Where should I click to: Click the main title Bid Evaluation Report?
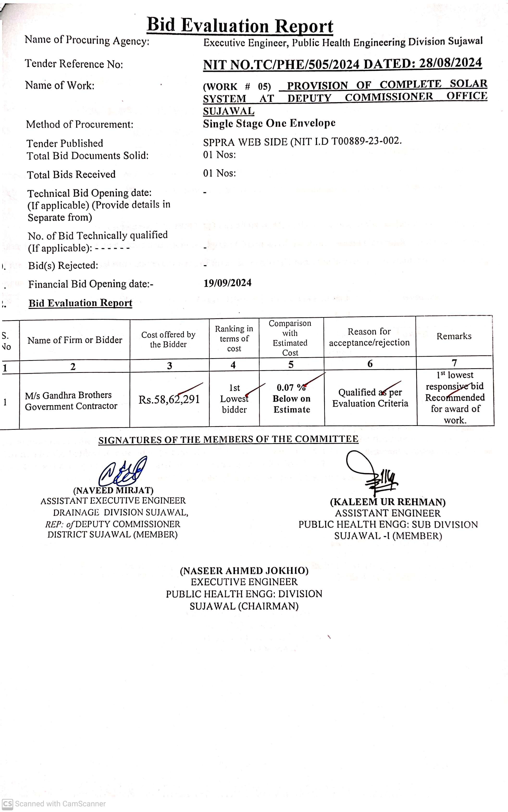pos(240,25)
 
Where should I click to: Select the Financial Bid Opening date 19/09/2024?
pos(228,283)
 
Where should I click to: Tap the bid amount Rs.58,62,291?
pos(169,399)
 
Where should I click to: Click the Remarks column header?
pos(454,336)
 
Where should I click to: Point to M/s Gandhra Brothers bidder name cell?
pos(71,400)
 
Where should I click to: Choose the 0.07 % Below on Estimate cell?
pos(291,399)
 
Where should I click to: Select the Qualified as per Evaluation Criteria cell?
pos(370,398)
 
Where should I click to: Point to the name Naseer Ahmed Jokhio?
pos(244,571)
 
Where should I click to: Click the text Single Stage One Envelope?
pos(269,123)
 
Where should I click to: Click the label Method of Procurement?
pos(80,124)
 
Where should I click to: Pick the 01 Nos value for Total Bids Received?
pos(219,173)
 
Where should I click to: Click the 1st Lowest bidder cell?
pos(234,399)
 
